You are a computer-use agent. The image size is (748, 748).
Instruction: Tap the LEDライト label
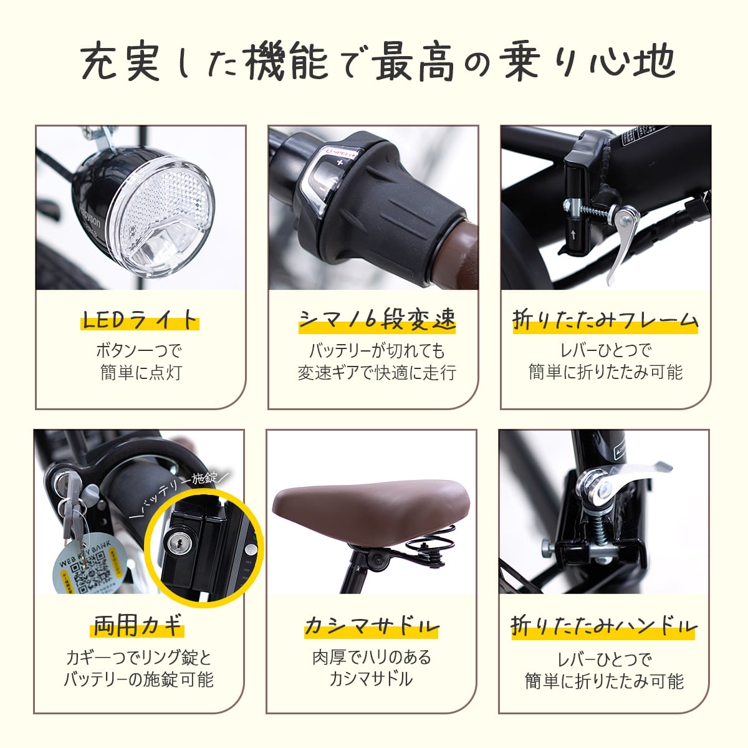click(x=140, y=320)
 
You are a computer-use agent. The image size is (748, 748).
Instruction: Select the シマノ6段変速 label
click(x=377, y=320)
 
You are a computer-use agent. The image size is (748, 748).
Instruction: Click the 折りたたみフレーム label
click(x=605, y=320)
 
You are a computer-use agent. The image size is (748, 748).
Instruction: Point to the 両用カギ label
click(x=138, y=625)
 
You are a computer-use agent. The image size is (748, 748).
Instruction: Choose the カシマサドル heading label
click(x=372, y=626)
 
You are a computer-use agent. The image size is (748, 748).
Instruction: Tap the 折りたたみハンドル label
click(x=603, y=626)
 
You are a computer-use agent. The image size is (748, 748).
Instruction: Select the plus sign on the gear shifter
click(x=340, y=163)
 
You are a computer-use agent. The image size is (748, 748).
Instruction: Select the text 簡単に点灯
click(x=141, y=373)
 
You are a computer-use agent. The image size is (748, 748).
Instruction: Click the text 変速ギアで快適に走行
click(x=377, y=373)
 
